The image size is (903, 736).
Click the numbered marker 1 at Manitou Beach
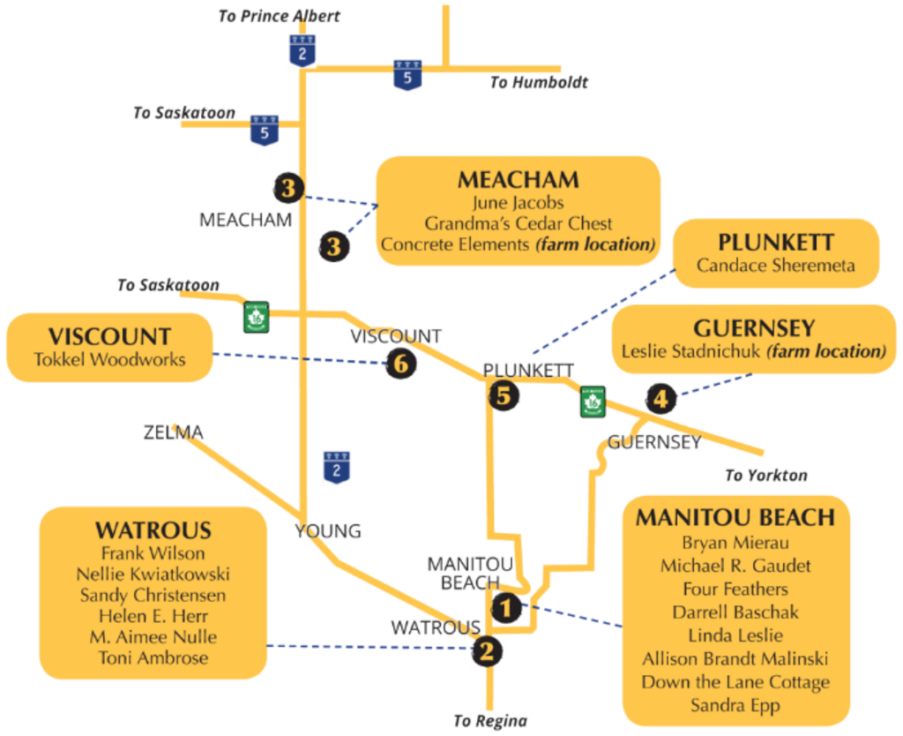coord(506,607)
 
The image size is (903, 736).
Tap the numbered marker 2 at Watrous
coord(487,651)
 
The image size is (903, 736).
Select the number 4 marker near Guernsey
coord(660,398)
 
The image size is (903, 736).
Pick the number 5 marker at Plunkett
coord(504,395)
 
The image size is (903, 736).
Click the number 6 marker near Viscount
coord(401,363)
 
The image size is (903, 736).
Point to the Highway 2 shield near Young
coord(336,467)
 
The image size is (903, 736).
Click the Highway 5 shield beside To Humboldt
coord(407,75)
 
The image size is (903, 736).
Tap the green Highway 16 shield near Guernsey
coord(593,402)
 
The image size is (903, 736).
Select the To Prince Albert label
coord(279,16)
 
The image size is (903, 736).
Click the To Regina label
coord(490,720)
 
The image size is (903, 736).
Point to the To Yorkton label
coord(766,475)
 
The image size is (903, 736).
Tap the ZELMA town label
coord(174,432)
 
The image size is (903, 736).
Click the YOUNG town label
coord(328,530)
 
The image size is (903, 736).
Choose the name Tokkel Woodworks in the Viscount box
coord(109,360)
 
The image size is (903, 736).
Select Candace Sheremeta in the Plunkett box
coord(776,266)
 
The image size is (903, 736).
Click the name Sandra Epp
coord(735,705)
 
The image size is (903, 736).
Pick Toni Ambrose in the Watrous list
coord(153,657)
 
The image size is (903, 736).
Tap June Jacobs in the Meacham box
coord(518,202)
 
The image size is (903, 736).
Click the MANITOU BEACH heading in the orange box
coord(735,517)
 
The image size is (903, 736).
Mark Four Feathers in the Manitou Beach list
coord(735,589)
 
